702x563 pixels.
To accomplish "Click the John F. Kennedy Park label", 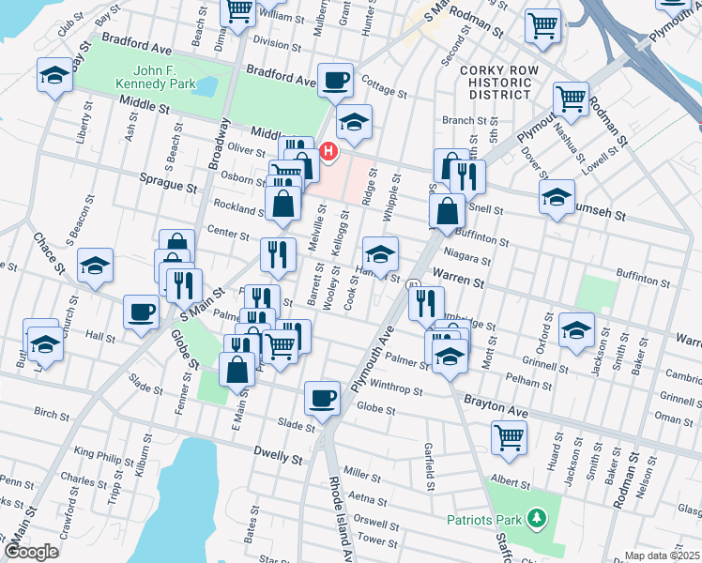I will point(152,76).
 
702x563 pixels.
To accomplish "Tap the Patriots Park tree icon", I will point(536,518).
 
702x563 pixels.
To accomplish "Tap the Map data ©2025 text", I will point(662,555).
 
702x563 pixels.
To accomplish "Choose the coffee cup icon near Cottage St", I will point(335,80).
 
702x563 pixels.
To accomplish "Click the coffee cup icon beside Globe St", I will point(322,398).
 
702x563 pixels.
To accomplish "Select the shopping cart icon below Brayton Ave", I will point(509,435).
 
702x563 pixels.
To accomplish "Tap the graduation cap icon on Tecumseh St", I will point(557,197).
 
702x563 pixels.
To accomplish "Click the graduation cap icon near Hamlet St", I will point(380,254).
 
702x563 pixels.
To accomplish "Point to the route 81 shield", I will point(414,282).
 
